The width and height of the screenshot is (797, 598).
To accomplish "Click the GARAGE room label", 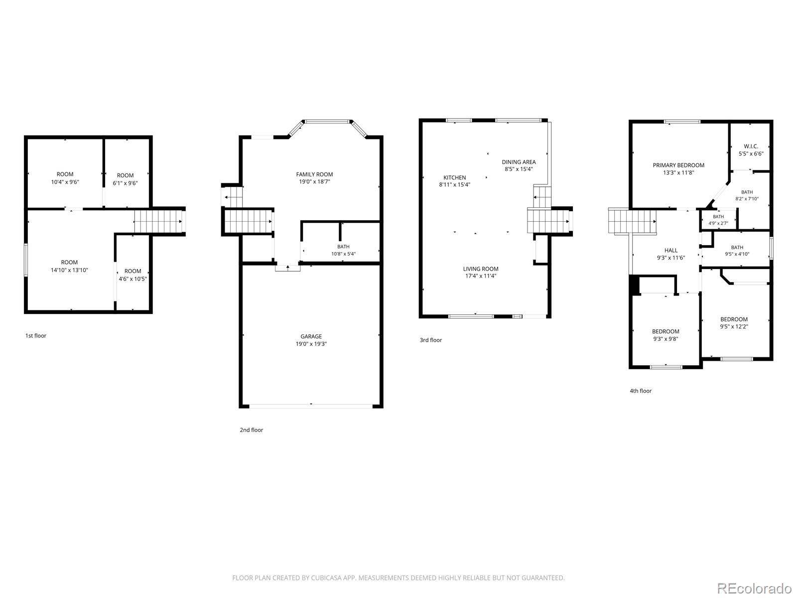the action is point(311,336).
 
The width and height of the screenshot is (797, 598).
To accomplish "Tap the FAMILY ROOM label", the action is point(314,174).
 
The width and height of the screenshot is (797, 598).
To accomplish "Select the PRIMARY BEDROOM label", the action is point(678,165).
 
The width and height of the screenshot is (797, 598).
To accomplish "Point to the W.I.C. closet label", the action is point(751,147).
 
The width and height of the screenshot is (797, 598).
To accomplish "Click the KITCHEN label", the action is point(455,177).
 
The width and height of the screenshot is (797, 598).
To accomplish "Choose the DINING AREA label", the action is point(519,162).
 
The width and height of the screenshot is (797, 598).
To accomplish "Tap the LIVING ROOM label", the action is point(480,269).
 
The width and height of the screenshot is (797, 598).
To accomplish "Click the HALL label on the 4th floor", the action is point(670,251).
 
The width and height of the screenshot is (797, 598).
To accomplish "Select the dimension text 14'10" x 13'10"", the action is point(69,270).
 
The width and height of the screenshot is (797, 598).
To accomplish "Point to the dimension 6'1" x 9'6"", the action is point(125,183).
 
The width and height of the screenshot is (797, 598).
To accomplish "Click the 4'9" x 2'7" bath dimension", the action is point(718,223).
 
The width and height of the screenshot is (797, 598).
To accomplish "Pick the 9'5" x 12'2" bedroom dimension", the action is point(734,326).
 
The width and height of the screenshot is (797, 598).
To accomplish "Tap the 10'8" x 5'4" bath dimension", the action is point(343,254).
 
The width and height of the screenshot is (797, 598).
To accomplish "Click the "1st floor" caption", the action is point(35,336).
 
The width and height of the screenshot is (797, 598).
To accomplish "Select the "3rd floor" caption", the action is point(431,340).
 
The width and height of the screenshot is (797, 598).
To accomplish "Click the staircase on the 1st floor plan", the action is point(158,221).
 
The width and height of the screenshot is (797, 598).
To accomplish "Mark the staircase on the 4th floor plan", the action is point(632,221).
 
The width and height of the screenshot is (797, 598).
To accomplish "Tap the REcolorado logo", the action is point(755,588).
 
